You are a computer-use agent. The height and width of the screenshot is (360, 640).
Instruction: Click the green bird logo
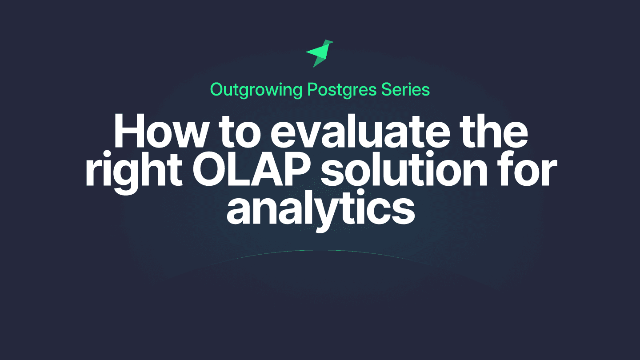click(x=320, y=54)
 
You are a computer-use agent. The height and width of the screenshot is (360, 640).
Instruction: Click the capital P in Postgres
click(x=313, y=90)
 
